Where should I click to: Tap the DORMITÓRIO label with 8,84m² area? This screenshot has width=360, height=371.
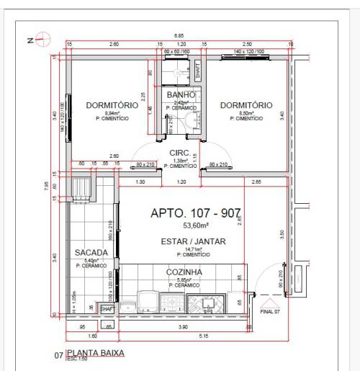(112, 105)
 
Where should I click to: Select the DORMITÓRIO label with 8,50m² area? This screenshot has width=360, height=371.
(246, 105)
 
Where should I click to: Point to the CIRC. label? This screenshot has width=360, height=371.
(179, 153)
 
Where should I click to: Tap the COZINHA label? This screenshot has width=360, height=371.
(184, 272)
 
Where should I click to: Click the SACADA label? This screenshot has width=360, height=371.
(91, 253)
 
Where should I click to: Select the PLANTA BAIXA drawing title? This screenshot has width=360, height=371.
(95, 353)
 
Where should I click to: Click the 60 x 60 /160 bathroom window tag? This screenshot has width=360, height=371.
(176, 53)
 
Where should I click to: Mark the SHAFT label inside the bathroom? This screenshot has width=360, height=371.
(197, 71)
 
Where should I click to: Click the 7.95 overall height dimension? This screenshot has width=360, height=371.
(46, 185)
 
